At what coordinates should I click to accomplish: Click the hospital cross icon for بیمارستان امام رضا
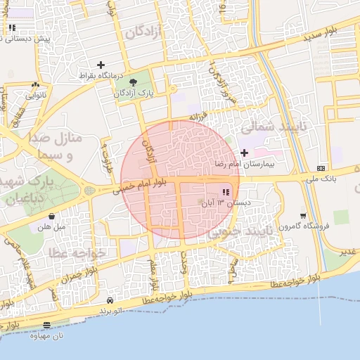pyautogui.click(x=244, y=153)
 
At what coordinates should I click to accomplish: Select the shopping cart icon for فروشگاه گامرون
pyautogui.click(x=303, y=216)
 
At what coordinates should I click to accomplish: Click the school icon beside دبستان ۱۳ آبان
pyautogui.click(x=226, y=192)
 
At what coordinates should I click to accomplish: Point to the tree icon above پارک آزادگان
pyautogui.click(x=133, y=82)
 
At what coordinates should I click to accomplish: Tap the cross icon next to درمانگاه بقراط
pyautogui.click(x=101, y=65)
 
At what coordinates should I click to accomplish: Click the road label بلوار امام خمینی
pyautogui.click(x=139, y=186)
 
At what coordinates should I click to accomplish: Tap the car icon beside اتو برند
pyautogui.click(x=110, y=300)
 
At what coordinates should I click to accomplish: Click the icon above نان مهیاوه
pyautogui.click(x=46, y=325)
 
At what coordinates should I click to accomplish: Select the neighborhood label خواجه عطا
pyautogui.click(x=78, y=252)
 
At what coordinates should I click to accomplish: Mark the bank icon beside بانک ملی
pyautogui.click(x=321, y=168)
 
